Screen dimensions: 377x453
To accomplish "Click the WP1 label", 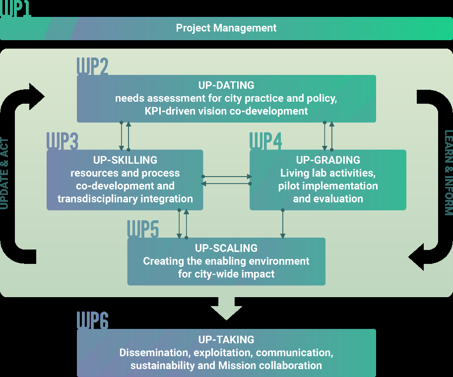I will pos(15,9).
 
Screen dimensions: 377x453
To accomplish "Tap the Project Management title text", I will pos(226,28).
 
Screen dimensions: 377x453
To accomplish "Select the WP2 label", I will pos(92,67).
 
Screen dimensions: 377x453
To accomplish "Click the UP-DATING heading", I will pos(226,86).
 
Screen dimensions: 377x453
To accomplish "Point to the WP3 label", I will pos(62,142).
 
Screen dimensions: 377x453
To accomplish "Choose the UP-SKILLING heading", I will pos(125,160).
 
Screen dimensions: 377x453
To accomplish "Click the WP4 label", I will pos(265,142).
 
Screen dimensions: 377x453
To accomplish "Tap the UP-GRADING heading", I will pos(328,160).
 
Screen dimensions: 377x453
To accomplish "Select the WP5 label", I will pos(143,230).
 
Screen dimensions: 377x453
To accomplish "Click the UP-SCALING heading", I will pos(226,248).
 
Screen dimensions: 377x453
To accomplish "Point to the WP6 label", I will pos(92,321).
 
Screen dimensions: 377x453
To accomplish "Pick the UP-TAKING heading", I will pos(226,340).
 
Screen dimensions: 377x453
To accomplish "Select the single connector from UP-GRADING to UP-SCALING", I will pos(283,224).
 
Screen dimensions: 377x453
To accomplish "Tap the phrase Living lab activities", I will pos(328,173).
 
